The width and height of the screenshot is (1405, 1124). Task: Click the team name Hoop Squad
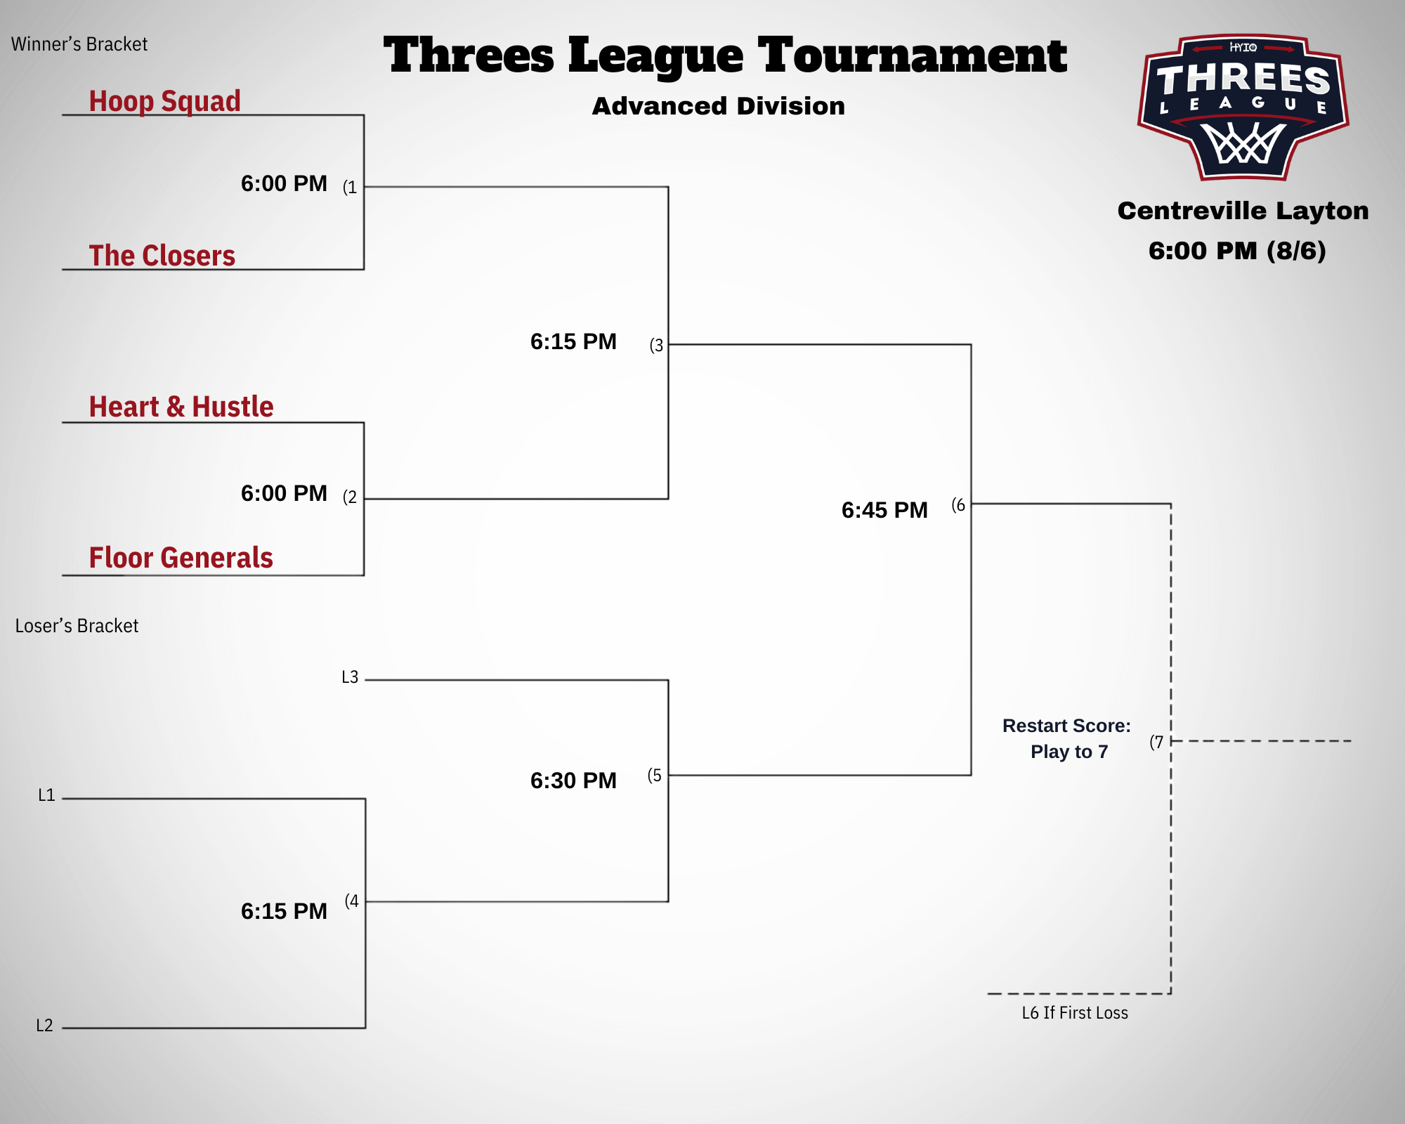click(x=164, y=101)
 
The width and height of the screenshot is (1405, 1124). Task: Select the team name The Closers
click(x=162, y=256)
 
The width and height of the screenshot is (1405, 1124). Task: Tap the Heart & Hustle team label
click(x=181, y=407)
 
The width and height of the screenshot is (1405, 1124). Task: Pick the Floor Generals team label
click(x=181, y=558)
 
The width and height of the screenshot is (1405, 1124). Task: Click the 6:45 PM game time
click(x=884, y=510)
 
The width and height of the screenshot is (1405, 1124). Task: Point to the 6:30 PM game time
click(x=573, y=780)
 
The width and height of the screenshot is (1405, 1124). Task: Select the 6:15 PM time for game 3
click(x=573, y=341)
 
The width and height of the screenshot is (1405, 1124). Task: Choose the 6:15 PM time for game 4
click(x=284, y=911)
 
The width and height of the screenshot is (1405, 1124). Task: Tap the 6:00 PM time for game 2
click(x=284, y=493)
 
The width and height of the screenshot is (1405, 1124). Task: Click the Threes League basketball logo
click(x=1243, y=107)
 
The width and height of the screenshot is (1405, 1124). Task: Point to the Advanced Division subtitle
click(x=718, y=106)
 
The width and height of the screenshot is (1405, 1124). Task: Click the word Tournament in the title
click(x=912, y=56)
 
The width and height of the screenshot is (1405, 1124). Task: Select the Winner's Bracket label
click(x=79, y=44)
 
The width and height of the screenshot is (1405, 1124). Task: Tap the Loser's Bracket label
click(x=77, y=626)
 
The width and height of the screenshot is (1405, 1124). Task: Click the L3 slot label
click(x=350, y=677)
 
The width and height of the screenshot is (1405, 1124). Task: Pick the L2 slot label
click(x=44, y=1026)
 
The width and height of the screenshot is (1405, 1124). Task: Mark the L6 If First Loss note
click(x=1075, y=1013)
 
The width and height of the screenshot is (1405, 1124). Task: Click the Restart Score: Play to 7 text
click(x=1066, y=738)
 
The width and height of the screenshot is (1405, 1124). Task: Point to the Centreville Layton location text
click(x=1243, y=211)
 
